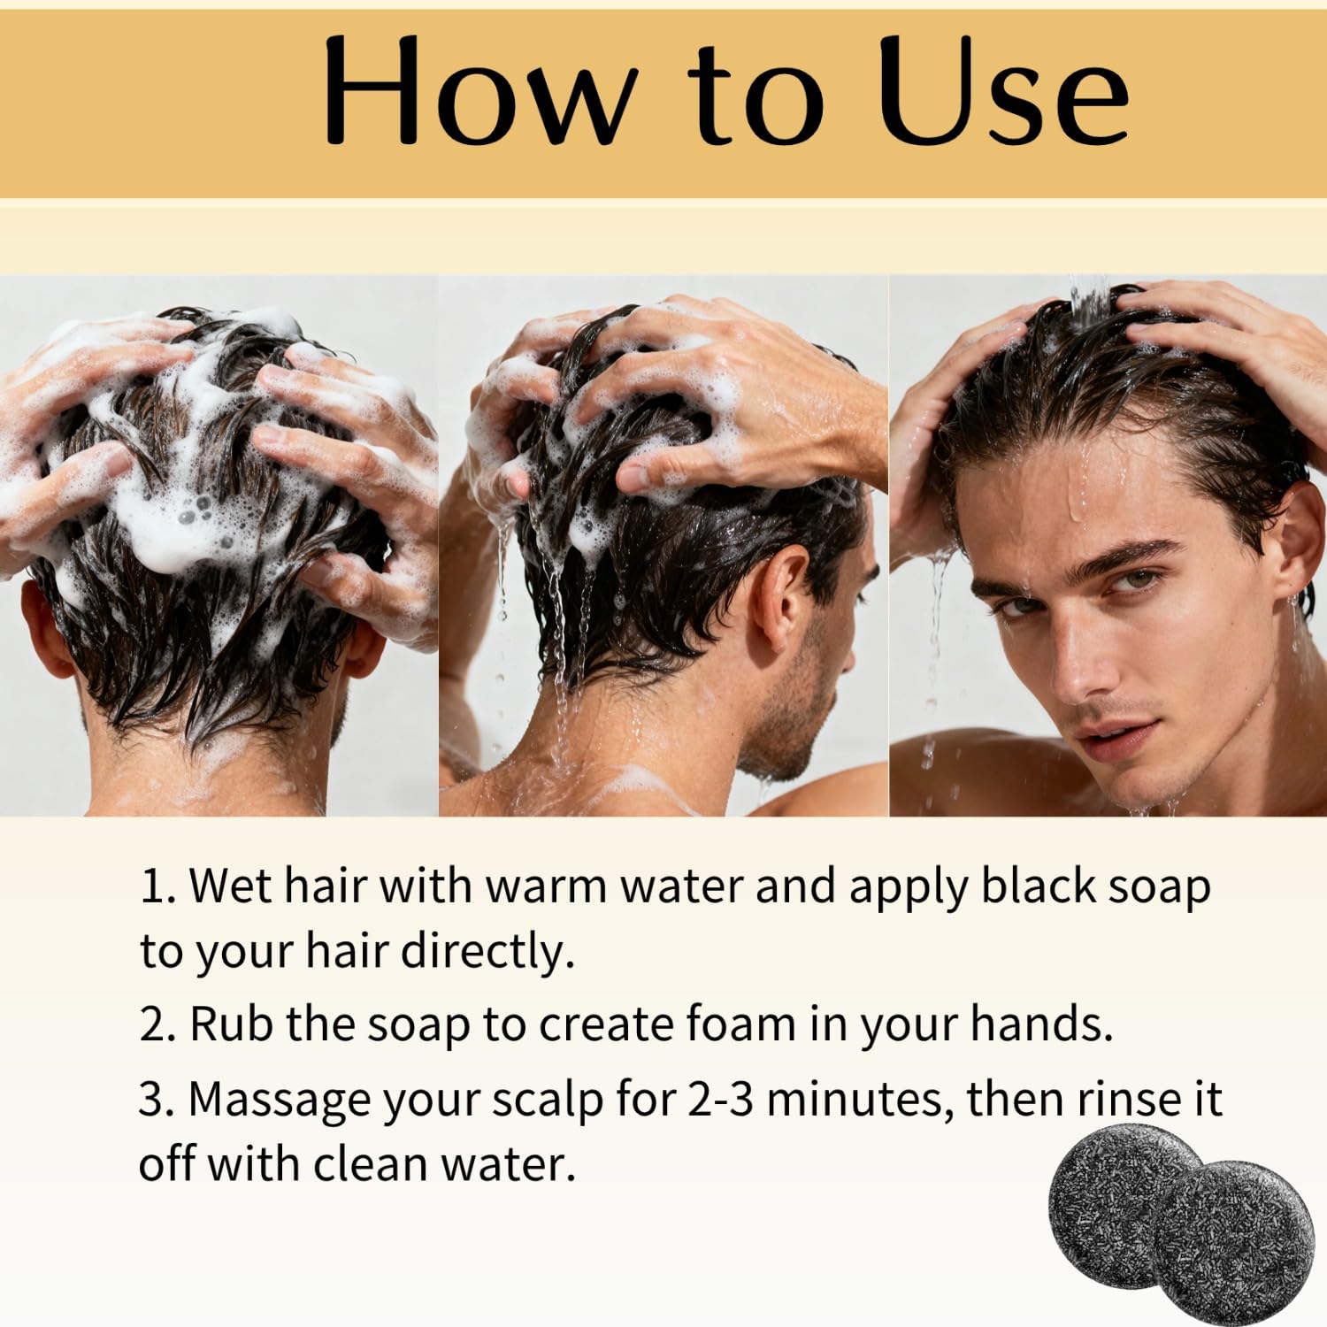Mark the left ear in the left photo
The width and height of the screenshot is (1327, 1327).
click(40, 628)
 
